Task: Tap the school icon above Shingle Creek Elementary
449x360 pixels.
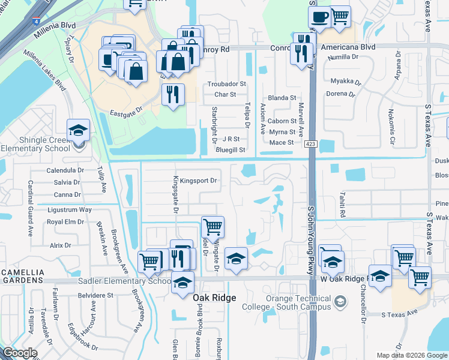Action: coord(77,130)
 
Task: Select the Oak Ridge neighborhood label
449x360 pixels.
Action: coord(214,298)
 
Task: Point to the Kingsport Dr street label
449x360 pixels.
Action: coord(198,180)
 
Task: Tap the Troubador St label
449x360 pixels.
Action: coord(226,85)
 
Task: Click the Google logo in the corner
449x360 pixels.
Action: coord(20,353)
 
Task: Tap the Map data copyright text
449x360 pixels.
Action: coord(412,355)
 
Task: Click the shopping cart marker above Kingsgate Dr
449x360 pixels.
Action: coord(213,227)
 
